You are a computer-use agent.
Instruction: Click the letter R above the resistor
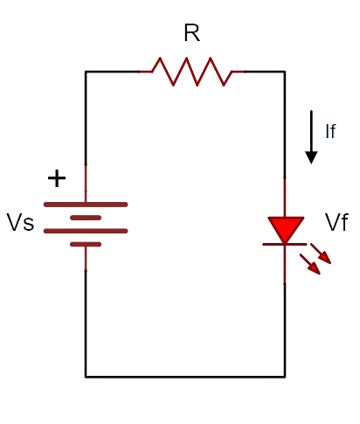tap(192, 33)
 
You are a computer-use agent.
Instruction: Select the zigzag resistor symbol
tap(192, 72)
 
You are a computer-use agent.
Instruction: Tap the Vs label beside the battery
tap(20, 222)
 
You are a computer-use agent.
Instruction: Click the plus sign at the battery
tap(57, 178)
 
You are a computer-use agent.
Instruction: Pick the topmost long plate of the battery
tap(86, 205)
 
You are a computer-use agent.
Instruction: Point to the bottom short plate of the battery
tap(86, 244)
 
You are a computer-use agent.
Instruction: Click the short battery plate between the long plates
tap(86, 218)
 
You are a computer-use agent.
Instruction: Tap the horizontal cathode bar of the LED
tap(285, 244)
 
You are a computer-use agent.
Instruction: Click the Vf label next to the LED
tap(336, 222)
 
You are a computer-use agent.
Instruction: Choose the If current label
tap(330, 131)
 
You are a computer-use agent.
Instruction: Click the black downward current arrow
tap(311, 137)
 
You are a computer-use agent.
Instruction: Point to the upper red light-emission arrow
tap(321, 254)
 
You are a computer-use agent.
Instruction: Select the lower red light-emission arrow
tap(310, 264)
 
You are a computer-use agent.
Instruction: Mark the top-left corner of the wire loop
tap(86, 72)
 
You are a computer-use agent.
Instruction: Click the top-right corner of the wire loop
tap(285, 72)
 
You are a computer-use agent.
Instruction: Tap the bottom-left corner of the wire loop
tap(86, 377)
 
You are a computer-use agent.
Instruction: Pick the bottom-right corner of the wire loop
tap(285, 377)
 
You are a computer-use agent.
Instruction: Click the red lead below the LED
tap(285, 265)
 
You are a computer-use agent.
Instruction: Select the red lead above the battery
tap(86, 184)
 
